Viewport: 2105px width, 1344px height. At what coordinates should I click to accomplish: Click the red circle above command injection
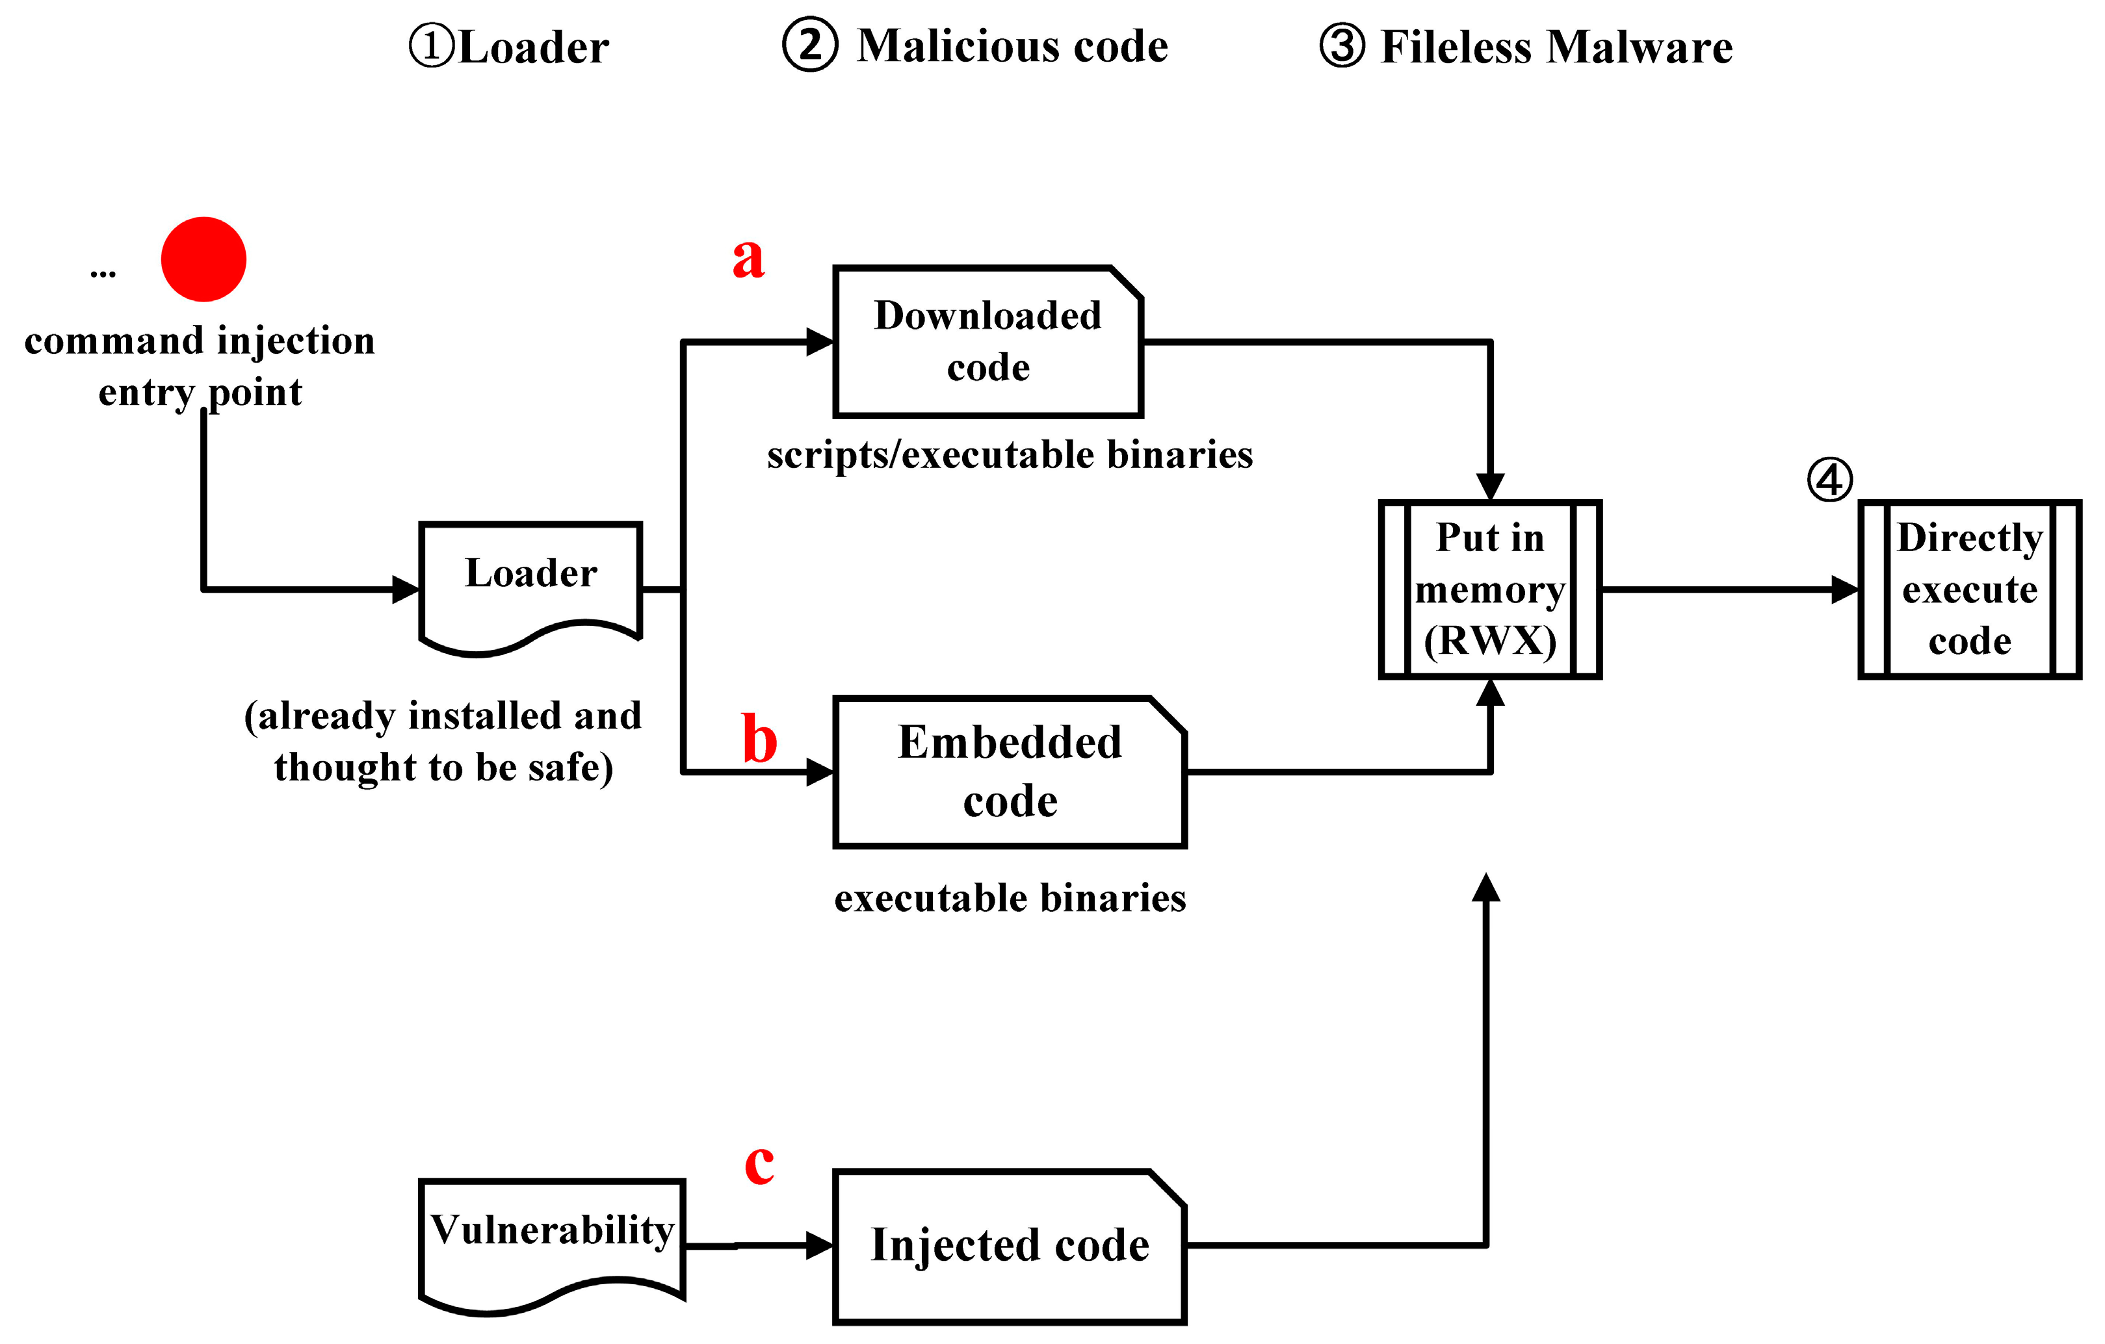click(203, 259)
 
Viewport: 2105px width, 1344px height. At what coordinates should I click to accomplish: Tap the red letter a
click(748, 259)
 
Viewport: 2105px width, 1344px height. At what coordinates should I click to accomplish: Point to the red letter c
click(759, 1164)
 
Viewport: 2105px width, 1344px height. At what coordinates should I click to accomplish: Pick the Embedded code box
click(1010, 771)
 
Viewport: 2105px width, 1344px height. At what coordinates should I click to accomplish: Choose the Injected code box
click(1010, 1245)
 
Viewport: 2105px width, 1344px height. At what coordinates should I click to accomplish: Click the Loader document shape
click(530, 581)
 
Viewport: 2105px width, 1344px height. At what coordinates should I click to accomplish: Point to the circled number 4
click(1829, 480)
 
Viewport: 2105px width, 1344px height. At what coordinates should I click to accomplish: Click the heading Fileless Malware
click(1556, 47)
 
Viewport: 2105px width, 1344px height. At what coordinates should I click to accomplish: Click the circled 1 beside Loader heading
click(432, 45)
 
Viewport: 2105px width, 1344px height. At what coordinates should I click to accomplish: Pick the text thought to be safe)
click(443, 768)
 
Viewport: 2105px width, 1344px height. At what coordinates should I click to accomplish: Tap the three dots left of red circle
click(103, 274)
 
